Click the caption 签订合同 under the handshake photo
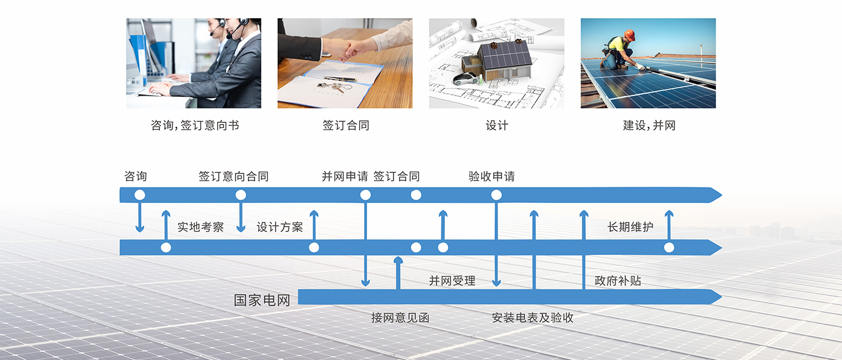pos(346,125)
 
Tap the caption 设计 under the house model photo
pos(497,125)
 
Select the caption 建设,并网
pos(649,125)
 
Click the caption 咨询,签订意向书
pos(195,125)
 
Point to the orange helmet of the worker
pos(630,35)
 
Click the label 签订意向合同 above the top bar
pos(234,176)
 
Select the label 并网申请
pos(345,176)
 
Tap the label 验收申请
pos(492,176)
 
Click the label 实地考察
pos(201,227)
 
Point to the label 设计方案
pos(280,227)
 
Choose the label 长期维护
pos(630,227)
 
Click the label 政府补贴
pos(618,281)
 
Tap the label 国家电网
pos(262,300)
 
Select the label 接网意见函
pos(400,318)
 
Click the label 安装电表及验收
pos(533,318)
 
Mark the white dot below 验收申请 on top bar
pos(496,195)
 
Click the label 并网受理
pos(452,281)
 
